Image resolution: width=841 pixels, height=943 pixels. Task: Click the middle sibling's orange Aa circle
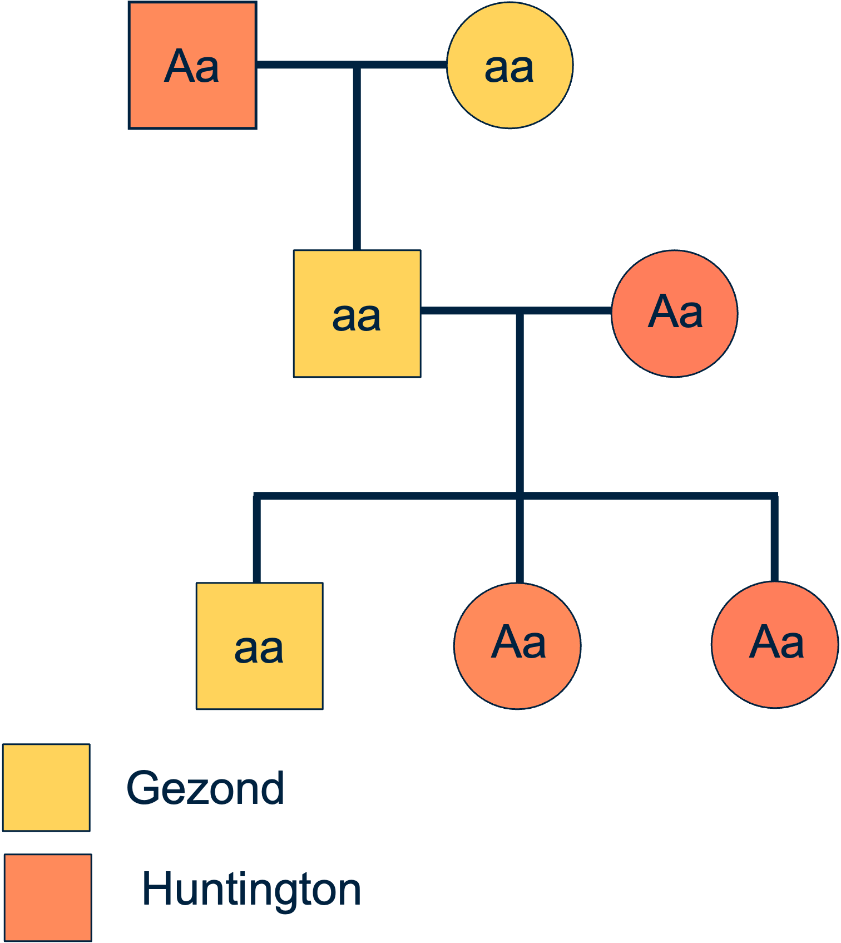coord(517,679)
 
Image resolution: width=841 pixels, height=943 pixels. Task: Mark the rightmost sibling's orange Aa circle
coord(775,679)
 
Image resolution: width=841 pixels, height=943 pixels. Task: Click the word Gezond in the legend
coord(205,788)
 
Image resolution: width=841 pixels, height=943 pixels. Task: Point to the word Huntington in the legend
coord(251,888)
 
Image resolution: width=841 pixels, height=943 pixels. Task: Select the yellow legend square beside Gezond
coord(46,787)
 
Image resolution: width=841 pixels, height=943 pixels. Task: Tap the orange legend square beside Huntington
coord(48,897)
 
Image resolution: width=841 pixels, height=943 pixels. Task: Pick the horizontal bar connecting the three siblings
coord(389,496)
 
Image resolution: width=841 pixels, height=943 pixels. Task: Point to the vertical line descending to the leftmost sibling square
coord(256,540)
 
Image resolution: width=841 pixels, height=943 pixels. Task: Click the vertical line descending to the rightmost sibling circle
coord(774,540)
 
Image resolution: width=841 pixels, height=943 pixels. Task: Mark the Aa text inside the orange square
coord(192,67)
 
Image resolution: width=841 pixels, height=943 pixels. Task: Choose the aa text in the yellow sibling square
coord(259,649)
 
